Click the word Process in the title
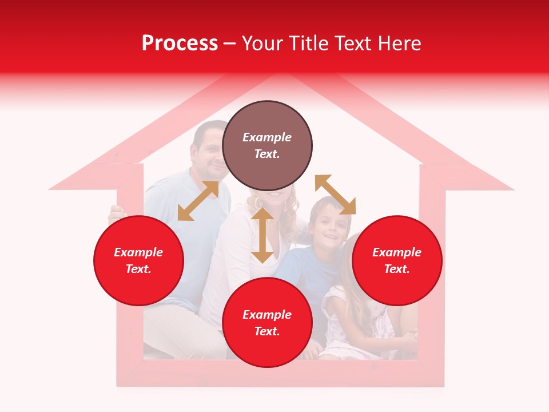[180, 43]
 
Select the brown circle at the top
[267, 146]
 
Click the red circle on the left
[138, 260]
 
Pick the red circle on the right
[397, 260]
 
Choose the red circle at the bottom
[267, 323]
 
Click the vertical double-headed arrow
[262, 235]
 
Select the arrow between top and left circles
[198, 201]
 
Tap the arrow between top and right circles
[335, 195]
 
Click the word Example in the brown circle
[267, 137]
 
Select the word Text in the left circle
[138, 270]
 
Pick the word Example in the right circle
[397, 252]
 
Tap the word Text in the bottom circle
[267, 332]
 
